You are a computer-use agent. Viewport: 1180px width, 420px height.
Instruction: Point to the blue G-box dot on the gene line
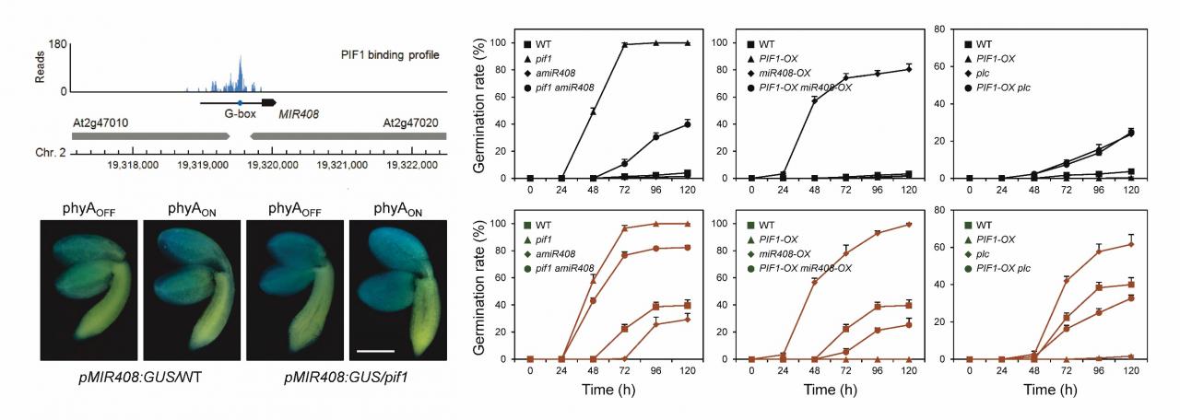click(x=240, y=102)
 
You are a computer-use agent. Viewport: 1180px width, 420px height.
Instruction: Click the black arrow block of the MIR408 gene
click(x=268, y=102)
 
